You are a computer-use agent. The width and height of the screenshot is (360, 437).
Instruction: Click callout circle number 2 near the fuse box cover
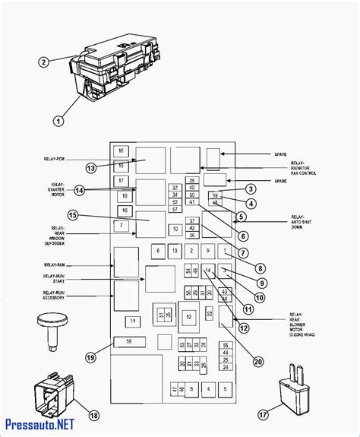(44, 62)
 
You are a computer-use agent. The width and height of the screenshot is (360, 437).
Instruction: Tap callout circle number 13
(91, 168)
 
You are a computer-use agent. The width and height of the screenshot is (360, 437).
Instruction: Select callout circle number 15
(73, 215)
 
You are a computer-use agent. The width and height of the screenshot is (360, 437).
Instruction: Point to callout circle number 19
(91, 357)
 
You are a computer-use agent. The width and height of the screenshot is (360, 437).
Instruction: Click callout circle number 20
(259, 361)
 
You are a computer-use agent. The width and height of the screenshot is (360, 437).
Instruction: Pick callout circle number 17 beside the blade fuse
(264, 415)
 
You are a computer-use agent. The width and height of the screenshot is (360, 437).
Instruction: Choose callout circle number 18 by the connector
(94, 415)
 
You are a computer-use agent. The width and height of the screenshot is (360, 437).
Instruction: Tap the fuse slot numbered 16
(122, 151)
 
